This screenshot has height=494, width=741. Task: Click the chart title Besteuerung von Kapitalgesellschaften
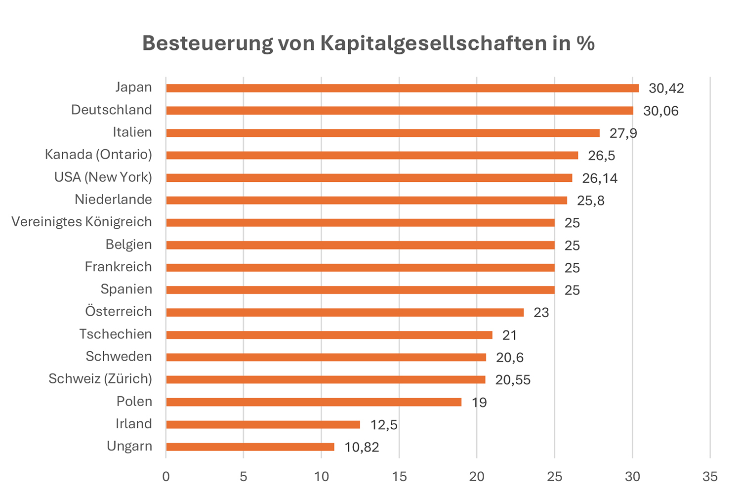368,43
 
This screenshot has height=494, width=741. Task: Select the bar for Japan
402,88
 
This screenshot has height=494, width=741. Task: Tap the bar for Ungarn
250,447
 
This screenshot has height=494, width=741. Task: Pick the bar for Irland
263,425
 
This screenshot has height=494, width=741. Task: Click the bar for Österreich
345,313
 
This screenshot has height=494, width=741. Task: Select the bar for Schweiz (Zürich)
326,380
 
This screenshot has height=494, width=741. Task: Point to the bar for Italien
383,133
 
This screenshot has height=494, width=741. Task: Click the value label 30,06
661,111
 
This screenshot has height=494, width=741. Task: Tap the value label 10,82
362,448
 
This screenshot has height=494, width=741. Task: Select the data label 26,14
600,178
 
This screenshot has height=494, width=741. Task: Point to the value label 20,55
513,380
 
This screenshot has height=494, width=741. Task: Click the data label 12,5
384,425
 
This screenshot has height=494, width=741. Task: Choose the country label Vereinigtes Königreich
82,222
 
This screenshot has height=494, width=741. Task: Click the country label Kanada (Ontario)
98,155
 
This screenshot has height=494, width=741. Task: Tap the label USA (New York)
103,177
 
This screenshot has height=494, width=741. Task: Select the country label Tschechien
116,334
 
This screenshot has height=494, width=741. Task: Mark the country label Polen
134,401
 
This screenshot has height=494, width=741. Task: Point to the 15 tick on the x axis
399,477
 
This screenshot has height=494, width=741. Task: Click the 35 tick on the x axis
710,477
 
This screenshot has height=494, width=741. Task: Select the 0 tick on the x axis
166,477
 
